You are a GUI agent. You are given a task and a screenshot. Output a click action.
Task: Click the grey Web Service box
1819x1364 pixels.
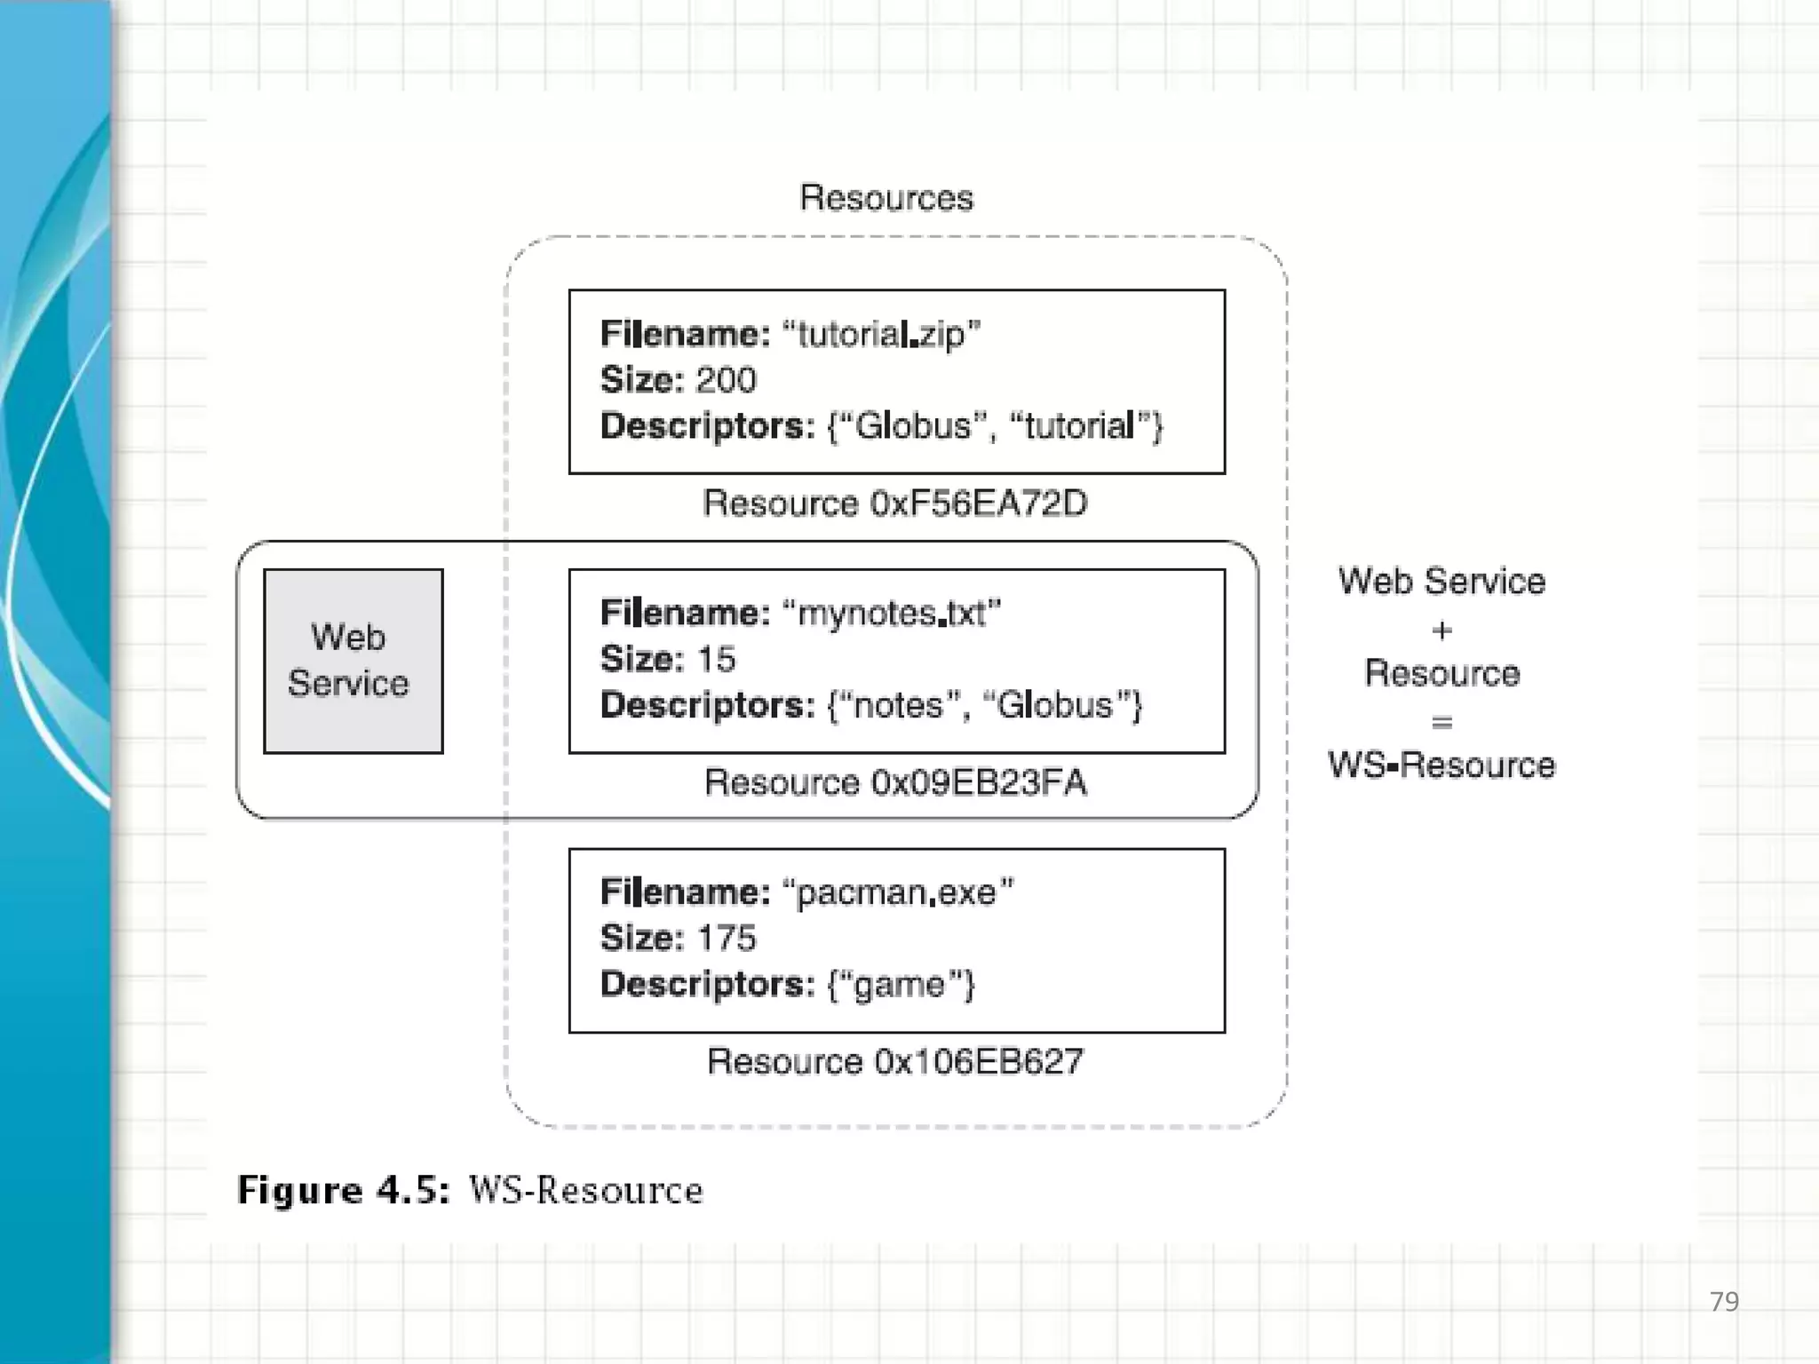pos(353,661)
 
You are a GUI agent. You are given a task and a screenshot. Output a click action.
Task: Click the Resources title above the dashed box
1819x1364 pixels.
pos(886,197)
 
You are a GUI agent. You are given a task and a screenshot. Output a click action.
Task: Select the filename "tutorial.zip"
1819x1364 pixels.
pos(880,335)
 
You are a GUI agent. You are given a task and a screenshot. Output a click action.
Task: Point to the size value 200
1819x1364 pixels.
pos(726,380)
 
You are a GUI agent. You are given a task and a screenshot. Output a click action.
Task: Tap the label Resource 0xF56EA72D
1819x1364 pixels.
pos(894,504)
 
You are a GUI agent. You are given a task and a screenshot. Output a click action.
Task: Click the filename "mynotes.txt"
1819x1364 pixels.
pos(891,614)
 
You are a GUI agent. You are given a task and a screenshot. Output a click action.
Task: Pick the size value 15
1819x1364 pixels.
pos(716,659)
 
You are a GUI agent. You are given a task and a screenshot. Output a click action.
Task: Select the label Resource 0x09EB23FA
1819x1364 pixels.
pos(894,782)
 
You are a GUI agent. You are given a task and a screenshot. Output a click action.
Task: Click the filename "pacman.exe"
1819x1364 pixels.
pos(897,892)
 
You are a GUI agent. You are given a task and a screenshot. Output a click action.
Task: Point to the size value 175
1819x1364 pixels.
pos(726,938)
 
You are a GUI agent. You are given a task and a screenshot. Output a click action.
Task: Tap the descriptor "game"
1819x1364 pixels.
pos(900,984)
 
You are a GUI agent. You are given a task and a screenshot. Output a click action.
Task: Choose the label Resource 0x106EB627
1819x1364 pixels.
pos(894,1061)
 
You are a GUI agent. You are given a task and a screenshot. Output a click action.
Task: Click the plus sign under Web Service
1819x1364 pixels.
pos(1442,630)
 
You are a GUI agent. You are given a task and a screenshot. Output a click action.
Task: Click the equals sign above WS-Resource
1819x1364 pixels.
pos(1442,722)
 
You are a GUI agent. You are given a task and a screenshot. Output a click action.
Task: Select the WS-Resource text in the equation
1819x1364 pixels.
pos(1442,765)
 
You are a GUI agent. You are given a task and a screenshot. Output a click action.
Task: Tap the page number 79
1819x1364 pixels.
pos(1724,1302)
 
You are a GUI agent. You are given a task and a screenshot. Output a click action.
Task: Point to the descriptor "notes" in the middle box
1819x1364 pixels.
pos(900,705)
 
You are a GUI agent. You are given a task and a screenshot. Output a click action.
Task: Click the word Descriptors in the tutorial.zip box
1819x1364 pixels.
pos(707,426)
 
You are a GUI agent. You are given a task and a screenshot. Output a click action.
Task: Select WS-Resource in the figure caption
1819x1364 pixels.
pos(585,1190)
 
